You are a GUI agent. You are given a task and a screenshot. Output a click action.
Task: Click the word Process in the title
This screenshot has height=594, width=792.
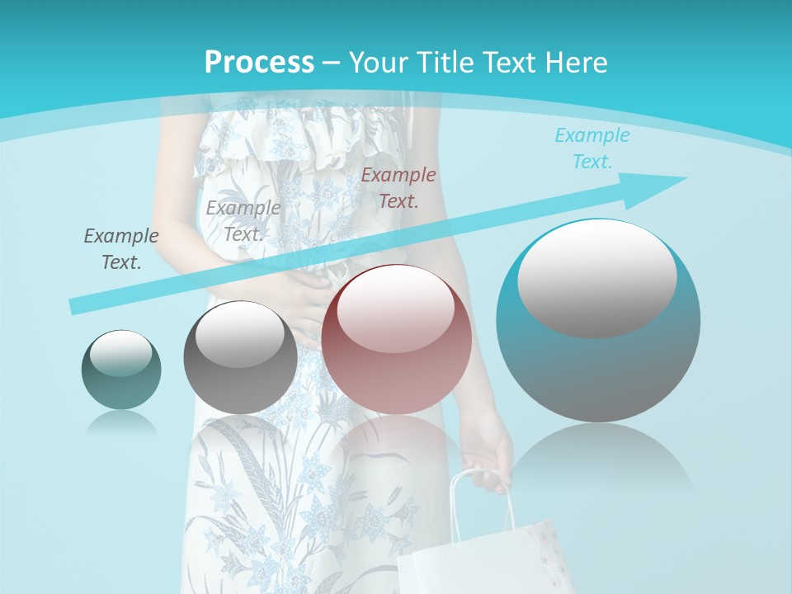[259, 63]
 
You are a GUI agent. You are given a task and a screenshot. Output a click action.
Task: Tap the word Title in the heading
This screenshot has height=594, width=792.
[443, 63]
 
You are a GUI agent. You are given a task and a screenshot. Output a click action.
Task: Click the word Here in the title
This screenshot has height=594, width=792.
[577, 63]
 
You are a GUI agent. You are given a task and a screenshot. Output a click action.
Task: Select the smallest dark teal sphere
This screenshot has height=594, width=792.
[121, 370]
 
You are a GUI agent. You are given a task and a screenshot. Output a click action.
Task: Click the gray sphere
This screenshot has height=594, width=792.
[240, 358]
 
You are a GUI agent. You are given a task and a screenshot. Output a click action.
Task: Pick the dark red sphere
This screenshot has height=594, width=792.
[397, 340]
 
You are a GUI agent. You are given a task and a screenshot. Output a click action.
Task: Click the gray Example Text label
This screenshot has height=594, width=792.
[243, 221]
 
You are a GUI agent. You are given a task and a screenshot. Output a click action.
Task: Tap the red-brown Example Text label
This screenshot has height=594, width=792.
[398, 187]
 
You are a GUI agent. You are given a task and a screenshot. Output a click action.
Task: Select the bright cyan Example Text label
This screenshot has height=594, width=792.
[592, 148]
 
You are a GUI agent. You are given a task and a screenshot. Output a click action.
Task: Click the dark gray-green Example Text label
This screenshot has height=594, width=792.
[121, 249]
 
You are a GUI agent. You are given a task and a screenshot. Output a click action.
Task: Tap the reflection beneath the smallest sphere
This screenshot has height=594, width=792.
[121, 422]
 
